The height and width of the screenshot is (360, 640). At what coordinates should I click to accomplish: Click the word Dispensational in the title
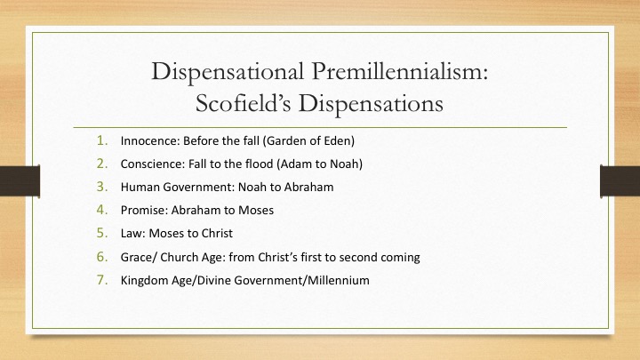228,72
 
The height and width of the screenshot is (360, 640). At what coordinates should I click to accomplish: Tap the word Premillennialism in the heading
400,71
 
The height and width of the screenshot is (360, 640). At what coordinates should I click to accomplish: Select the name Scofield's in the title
243,103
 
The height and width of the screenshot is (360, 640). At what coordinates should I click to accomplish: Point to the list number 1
102,140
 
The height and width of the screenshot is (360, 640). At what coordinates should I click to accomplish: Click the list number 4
102,210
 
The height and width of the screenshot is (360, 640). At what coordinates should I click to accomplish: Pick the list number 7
102,280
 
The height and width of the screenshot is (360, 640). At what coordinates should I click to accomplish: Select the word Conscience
152,164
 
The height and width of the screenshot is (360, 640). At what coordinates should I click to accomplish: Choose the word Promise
144,210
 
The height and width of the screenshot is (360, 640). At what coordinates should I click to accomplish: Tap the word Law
132,233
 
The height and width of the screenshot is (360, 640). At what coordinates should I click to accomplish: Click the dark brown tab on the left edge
20,180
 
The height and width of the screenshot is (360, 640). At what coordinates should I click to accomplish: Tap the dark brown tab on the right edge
620,180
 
